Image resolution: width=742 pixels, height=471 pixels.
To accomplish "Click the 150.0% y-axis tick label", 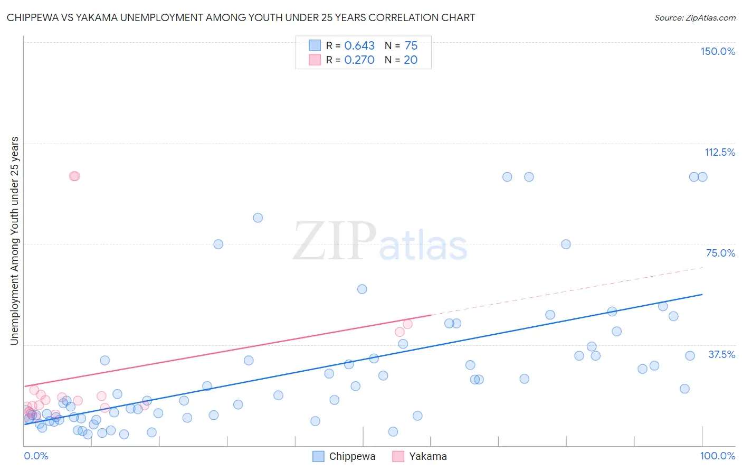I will [x=718, y=51].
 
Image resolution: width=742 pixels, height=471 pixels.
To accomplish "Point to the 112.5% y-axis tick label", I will [x=720, y=152].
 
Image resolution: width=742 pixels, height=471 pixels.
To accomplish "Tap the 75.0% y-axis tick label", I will [x=720, y=253].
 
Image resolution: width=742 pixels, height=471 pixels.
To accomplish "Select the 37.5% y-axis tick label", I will [x=721, y=354].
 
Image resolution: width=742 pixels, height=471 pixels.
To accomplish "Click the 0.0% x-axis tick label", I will [x=36, y=456].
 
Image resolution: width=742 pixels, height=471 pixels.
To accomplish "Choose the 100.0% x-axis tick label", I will [x=717, y=456].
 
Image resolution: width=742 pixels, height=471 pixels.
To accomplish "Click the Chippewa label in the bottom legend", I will [x=352, y=456].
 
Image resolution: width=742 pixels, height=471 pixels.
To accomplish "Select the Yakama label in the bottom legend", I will [x=427, y=456].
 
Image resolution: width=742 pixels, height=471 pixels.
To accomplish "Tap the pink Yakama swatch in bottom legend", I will [x=398, y=456].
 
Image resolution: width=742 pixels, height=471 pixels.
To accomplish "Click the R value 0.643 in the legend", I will [x=359, y=46].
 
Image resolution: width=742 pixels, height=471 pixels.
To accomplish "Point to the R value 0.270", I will [x=359, y=60].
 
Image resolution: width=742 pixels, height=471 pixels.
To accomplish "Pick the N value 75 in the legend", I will [x=411, y=46].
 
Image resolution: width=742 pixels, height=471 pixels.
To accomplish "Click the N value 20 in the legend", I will [x=411, y=60].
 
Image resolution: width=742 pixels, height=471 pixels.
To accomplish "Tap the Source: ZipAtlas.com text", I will [x=695, y=18].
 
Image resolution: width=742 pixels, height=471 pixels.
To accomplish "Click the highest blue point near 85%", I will [x=258, y=218].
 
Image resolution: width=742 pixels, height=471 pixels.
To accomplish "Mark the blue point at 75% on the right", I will [x=566, y=244].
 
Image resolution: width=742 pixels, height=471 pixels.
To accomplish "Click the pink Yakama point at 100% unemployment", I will [x=74, y=176].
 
